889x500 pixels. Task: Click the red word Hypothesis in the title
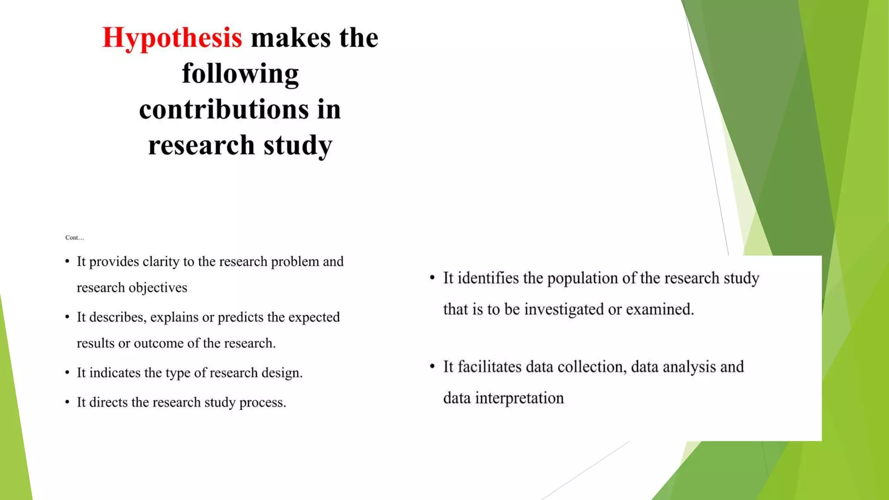coord(172,38)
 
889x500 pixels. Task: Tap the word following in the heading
coord(240,74)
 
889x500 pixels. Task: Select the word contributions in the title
coord(224,109)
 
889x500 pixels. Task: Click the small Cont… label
coord(74,237)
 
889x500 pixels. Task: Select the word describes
coord(118,317)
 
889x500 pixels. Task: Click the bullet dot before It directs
coord(67,402)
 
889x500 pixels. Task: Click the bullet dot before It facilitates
coord(432,367)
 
